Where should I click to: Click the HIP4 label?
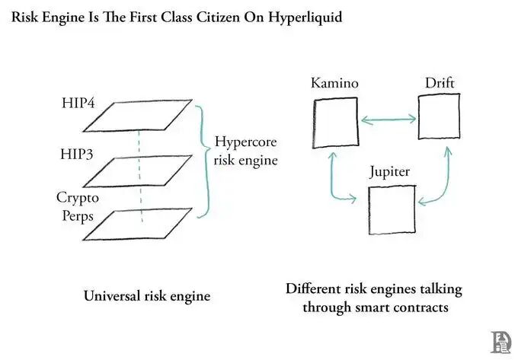click(78, 103)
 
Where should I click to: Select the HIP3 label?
click(77, 154)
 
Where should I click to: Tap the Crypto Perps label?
click(78, 206)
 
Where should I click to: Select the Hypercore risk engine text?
click(245, 151)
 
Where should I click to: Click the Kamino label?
click(334, 83)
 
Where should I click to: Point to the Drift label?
click(440, 83)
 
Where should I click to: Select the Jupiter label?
click(390, 172)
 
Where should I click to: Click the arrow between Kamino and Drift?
click(388, 119)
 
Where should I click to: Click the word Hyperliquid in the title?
click(305, 18)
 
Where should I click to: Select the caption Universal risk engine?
click(147, 295)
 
